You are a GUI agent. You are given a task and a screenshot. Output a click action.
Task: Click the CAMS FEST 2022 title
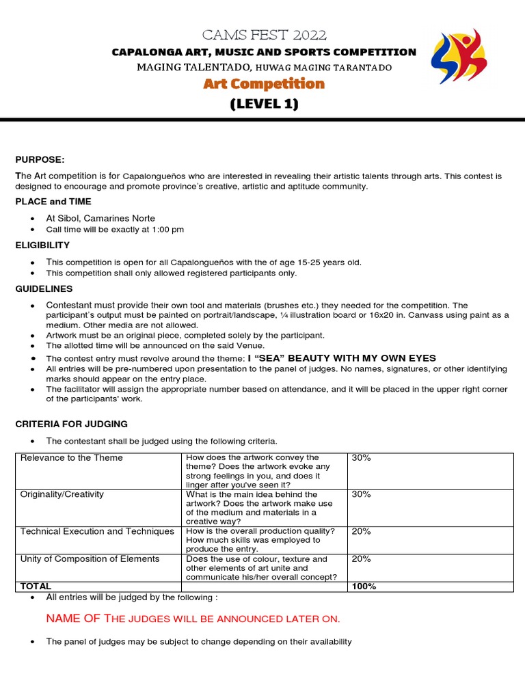[x=264, y=35]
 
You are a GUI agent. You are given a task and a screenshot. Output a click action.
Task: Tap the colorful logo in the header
[x=458, y=57]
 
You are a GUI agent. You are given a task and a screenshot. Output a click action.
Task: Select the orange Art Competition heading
[x=264, y=84]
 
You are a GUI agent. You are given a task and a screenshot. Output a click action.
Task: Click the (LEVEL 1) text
[x=264, y=104]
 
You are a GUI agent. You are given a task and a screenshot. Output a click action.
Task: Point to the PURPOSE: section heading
[x=40, y=159]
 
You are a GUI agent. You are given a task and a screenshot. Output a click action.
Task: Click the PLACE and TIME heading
[x=53, y=202]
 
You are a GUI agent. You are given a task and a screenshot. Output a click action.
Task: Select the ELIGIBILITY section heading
[x=42, y=245]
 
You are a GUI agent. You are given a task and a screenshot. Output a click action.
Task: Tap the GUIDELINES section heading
[x=44, y=289]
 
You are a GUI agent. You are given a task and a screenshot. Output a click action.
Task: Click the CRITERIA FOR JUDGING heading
[x=71, y=424]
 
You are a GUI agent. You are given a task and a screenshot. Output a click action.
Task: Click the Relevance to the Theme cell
[x=72, y=458]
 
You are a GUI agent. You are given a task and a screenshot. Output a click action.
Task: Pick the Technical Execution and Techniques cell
[x=97, y=531]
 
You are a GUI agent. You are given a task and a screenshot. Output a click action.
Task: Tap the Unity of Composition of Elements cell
[x=90, y=558]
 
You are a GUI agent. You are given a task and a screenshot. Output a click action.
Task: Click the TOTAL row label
[x=36, y=587]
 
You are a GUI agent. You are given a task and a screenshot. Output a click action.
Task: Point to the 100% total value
[x=364, y=587]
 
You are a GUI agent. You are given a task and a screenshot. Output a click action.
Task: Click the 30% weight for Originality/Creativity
[x=361, y=494]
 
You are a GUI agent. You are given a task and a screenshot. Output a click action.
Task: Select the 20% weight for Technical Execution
[x=361, y=531]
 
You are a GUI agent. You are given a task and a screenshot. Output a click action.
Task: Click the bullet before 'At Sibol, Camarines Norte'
[x=33, y=219]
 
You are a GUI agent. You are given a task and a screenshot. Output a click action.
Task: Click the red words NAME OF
[x=73, y=619]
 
